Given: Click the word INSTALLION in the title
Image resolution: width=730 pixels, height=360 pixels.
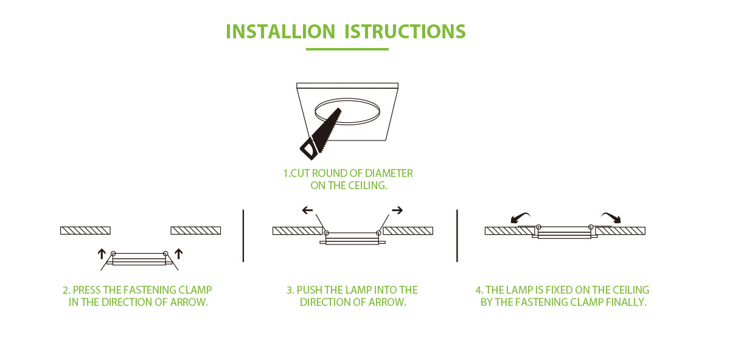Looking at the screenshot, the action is [x=280, y=32].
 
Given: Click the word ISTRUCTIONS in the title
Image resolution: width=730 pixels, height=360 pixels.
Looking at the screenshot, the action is [x=405, y=32].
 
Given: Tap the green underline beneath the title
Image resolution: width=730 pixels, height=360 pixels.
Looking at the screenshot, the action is [x=347, y=49].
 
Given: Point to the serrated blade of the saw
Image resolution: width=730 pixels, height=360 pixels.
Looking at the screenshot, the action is [x=327, y=125].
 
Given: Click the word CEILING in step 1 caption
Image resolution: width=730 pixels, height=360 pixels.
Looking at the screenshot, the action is [x=368, y=185].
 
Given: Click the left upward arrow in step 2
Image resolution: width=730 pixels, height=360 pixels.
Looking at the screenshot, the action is [x=102, y=254].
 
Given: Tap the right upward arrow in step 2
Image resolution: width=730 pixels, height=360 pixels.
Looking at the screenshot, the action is [x=179, y=254].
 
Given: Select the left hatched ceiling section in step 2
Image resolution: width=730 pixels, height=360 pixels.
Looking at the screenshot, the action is [x=85, y=230].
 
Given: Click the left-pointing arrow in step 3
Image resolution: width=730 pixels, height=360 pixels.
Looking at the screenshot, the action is [x=307, y=210].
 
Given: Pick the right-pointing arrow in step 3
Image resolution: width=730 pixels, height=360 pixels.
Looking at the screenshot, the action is [x=397, y=210].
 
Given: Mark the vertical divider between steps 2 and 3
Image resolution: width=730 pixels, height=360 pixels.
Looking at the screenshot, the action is [x=243, y=235].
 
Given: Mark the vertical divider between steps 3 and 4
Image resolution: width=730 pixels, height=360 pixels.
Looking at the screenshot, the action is [x=457, y=235].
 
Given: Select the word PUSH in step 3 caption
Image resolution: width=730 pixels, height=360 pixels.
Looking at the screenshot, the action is [x=310, y=290].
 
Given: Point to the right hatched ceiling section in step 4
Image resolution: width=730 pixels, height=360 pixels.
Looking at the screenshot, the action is [x=620, y=230].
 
